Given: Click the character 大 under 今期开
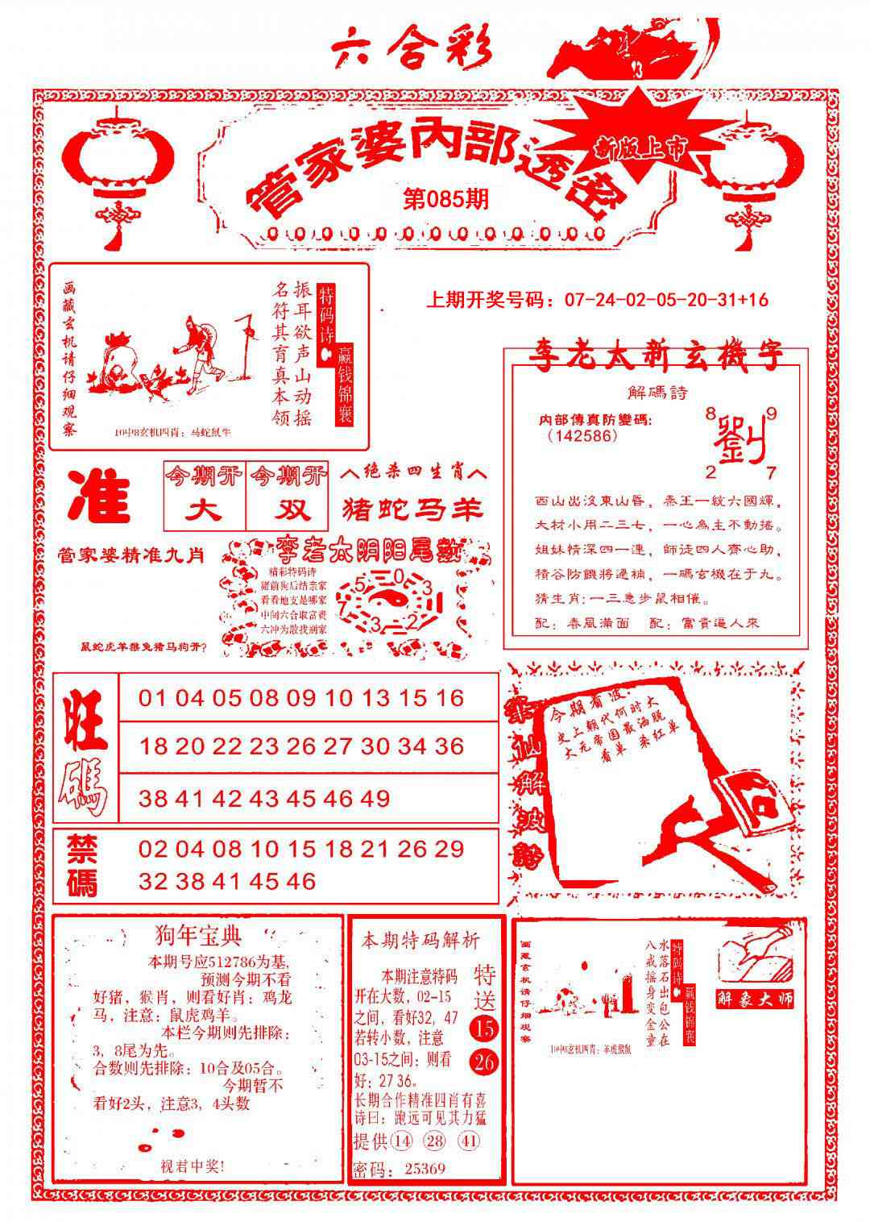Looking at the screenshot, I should point(205,510).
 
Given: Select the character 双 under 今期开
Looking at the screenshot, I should point(288,510).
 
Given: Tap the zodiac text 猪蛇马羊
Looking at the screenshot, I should point(412,509).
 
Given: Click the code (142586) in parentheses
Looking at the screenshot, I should point(582,436).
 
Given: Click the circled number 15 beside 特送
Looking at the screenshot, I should point(485,1029).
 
